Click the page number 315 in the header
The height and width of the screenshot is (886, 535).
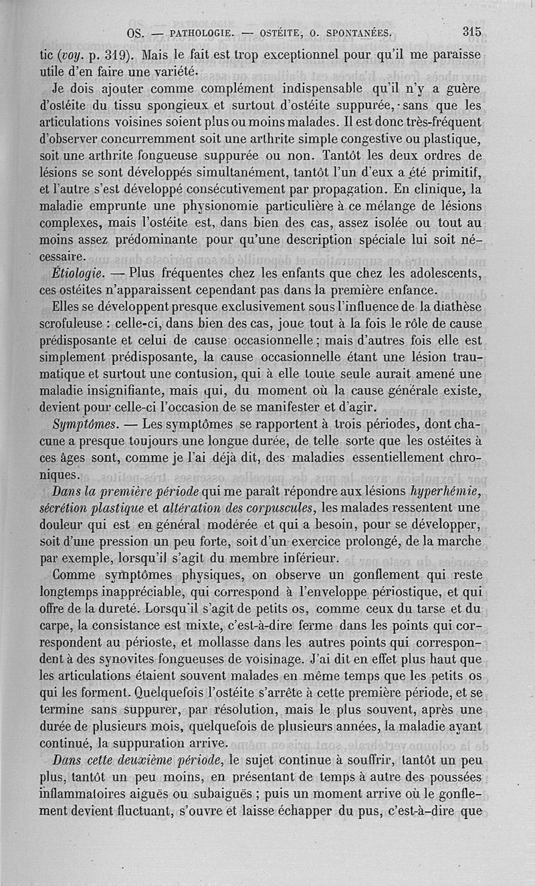pyautogui.click(x=471, y=31)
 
